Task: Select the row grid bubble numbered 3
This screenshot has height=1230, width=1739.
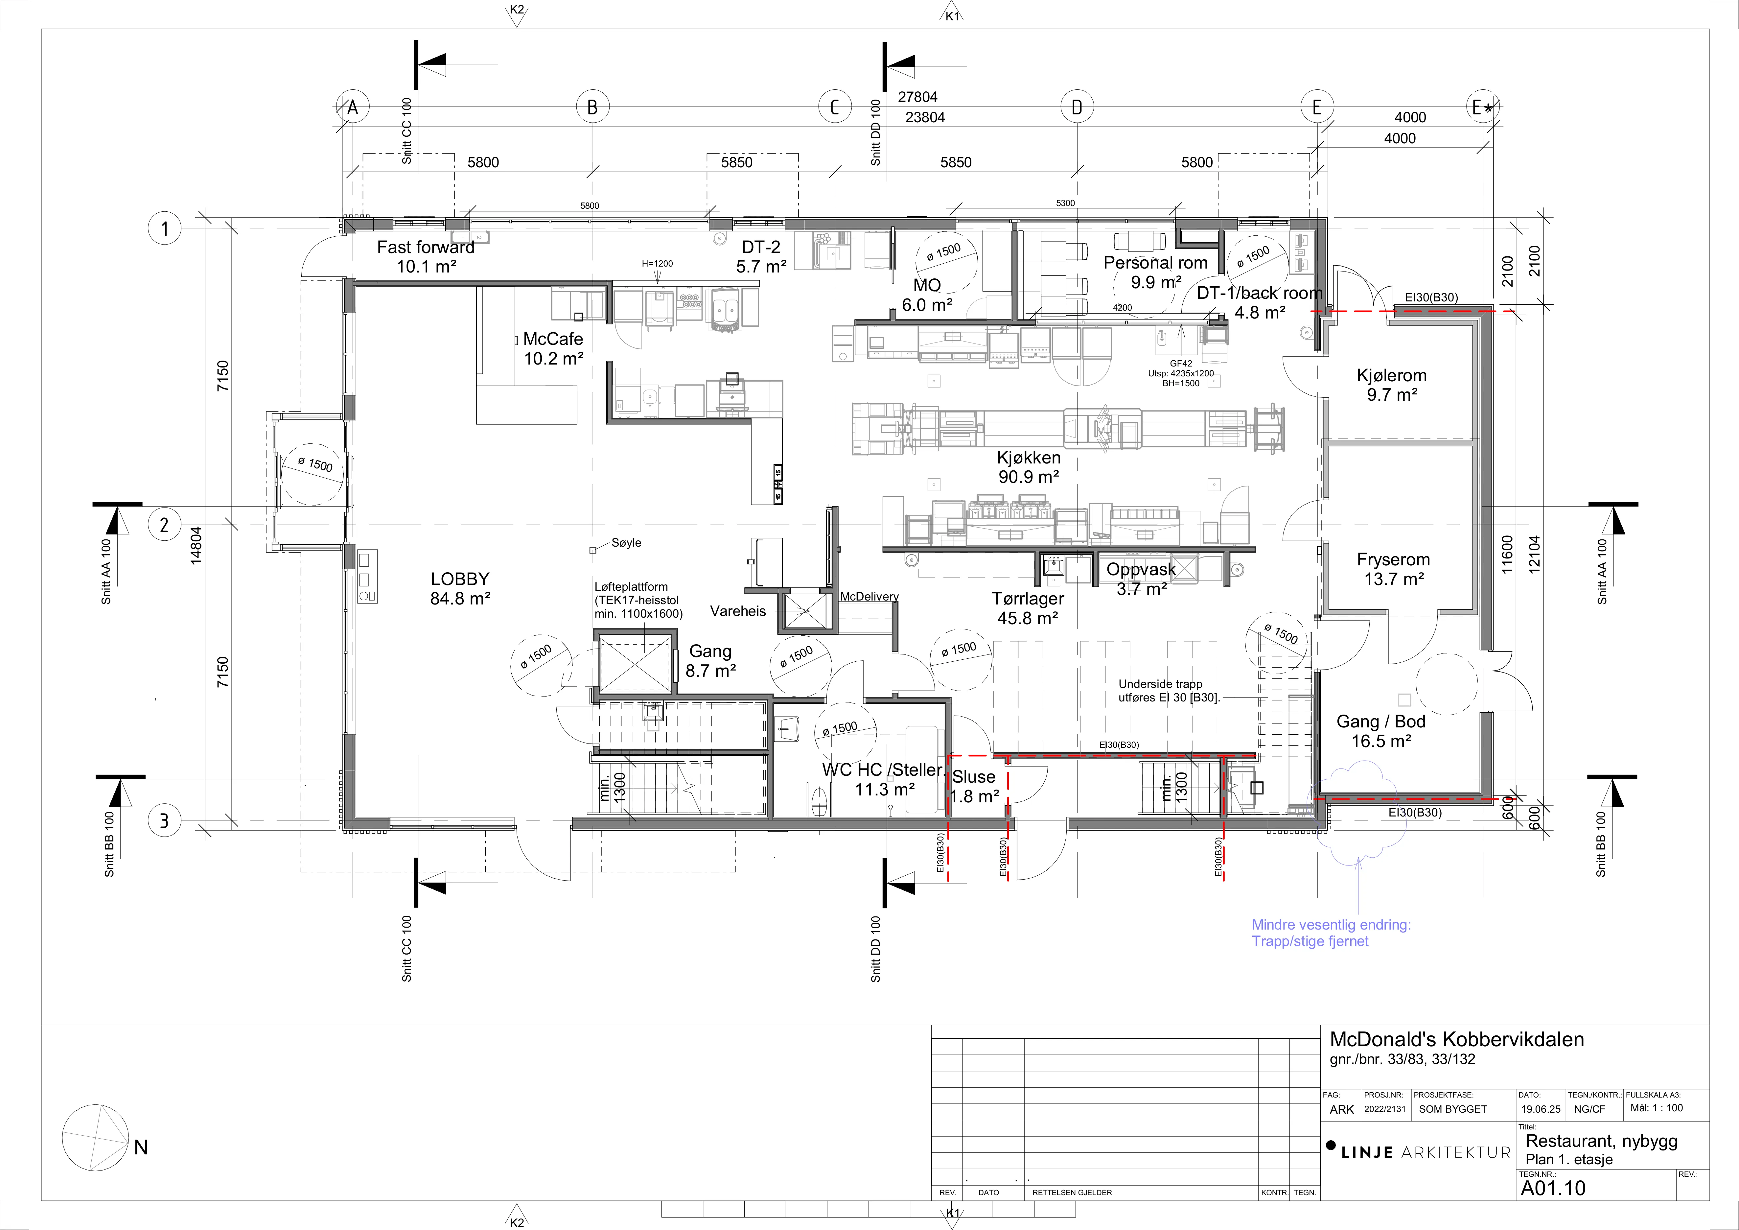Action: point(164,820)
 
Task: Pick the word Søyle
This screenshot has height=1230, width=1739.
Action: point(626,542)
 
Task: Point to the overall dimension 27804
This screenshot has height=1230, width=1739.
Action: point(917,97)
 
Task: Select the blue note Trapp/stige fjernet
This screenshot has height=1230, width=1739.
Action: point(1310,941)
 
